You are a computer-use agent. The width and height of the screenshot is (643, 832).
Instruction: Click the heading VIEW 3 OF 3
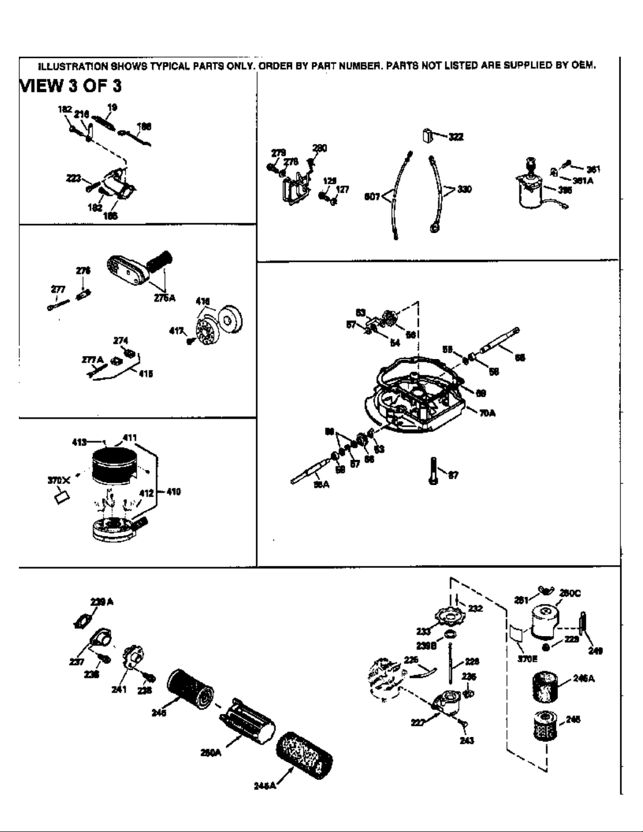pyautogui.click(x=70, y=86)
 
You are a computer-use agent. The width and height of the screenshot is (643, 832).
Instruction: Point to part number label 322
pyautogui.click(x=456, y=136)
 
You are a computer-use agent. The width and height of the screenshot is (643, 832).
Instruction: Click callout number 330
pyautogui.click(x=464, y=189)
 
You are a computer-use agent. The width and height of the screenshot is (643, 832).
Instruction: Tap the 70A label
pyautogui.click(x=487, y=413)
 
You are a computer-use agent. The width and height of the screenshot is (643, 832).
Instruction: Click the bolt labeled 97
pyautogui.click(x=433, y=471)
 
